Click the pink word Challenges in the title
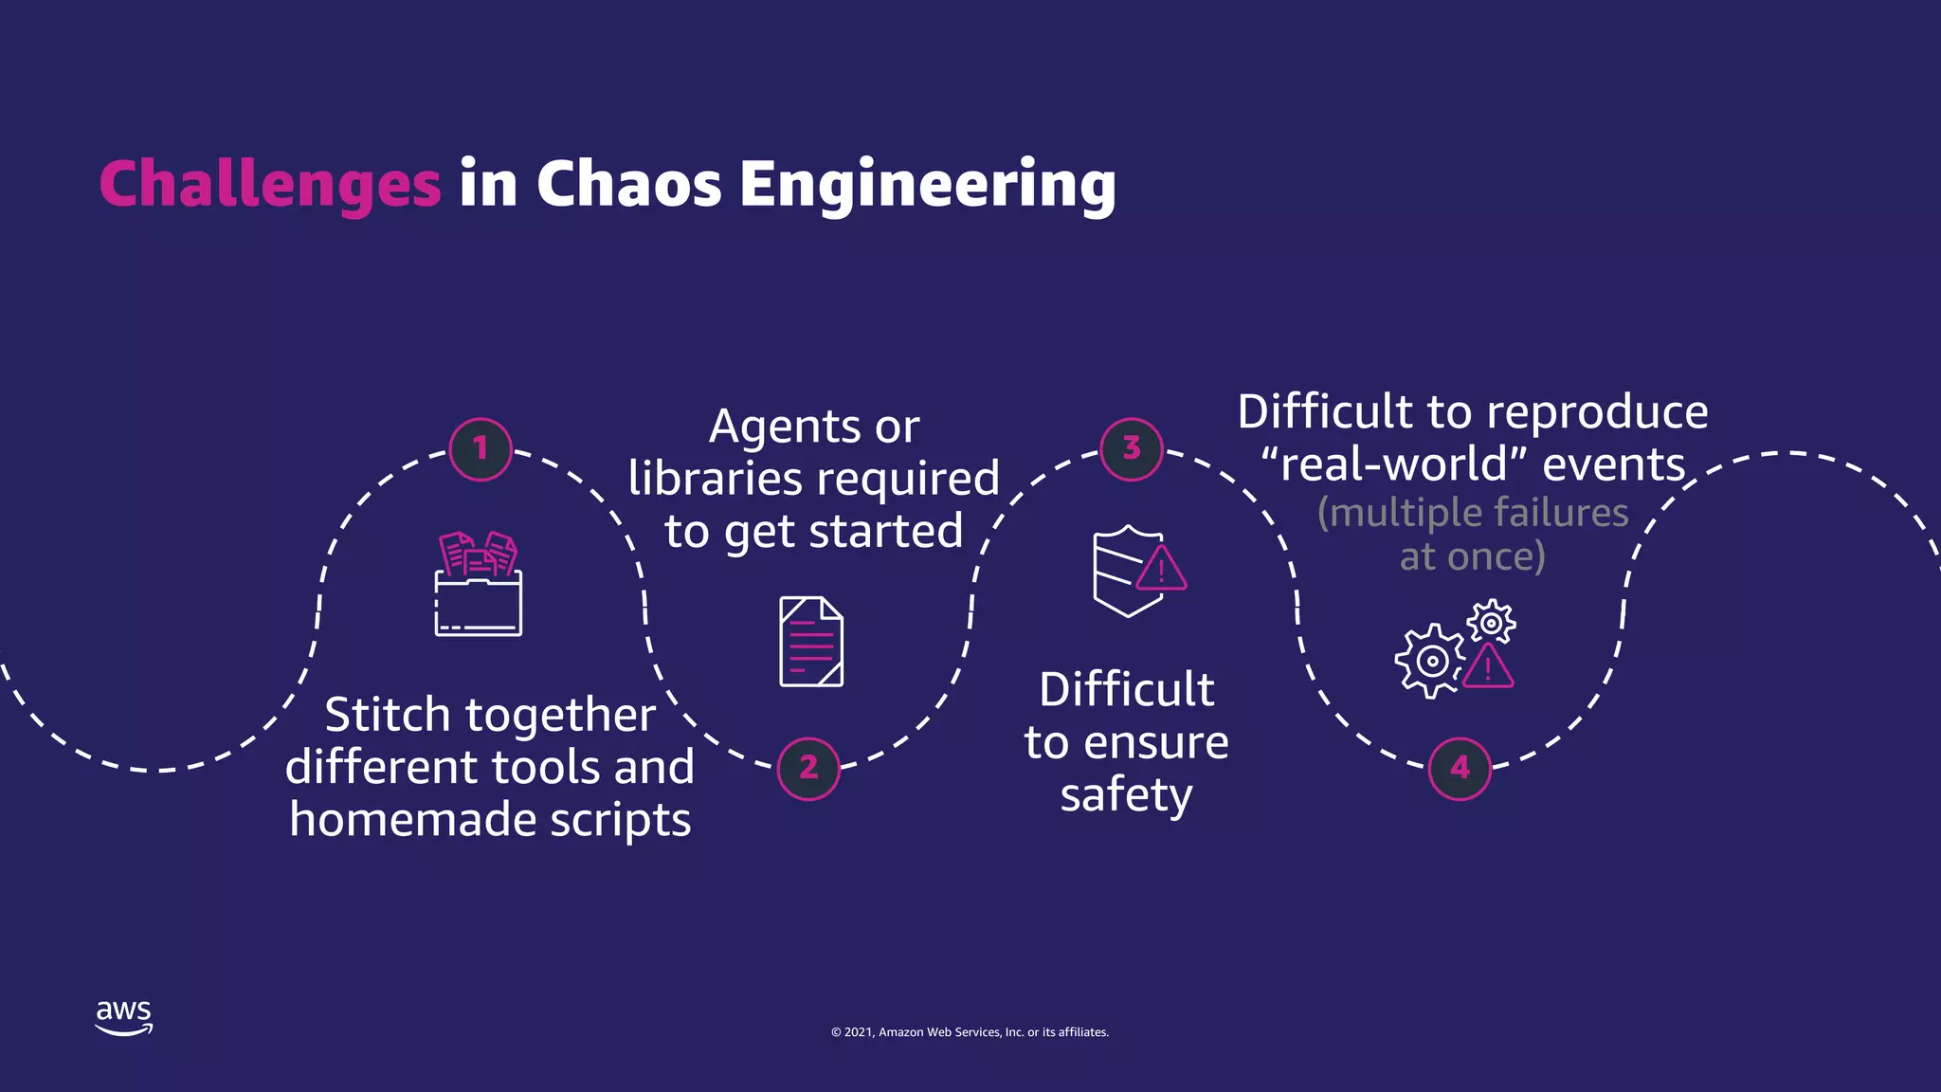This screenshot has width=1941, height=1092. point(270,184)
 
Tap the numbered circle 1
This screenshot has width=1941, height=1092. point(481,448)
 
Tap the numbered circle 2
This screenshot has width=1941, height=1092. point(808,768)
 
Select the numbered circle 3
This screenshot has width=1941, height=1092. point(1132,448)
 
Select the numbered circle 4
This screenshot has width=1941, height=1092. point(1460,768)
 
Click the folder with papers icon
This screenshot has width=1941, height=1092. point(479,585)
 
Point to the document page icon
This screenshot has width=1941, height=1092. point(811,642)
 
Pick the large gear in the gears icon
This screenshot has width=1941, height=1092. point(1430,661)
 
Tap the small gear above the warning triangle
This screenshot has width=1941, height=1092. point(1491,623)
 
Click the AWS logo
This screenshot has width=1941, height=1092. point(123,1017)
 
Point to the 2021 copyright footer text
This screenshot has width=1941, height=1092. point(970,1032)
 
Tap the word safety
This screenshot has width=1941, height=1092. point(1126,794)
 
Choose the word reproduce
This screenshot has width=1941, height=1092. point(1597,413)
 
